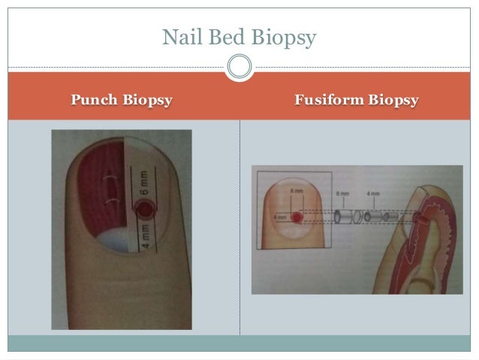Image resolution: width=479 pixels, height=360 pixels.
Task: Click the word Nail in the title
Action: (181, 35)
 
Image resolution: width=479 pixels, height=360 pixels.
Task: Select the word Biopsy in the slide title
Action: (283, 36)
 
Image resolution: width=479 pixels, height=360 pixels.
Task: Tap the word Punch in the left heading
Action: (95, 100)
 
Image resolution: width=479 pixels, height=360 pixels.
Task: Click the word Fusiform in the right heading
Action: (328, 100)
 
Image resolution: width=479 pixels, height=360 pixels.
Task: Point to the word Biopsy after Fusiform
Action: (392, 100)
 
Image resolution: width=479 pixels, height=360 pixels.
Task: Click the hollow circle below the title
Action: (239, 67)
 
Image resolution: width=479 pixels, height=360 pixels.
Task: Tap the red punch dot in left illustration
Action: (143, 206)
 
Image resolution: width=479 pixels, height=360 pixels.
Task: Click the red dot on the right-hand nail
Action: (297, 218)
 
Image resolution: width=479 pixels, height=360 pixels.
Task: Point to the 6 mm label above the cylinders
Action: (342, 194)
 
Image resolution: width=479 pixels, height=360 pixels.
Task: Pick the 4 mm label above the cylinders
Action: (374, 194)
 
